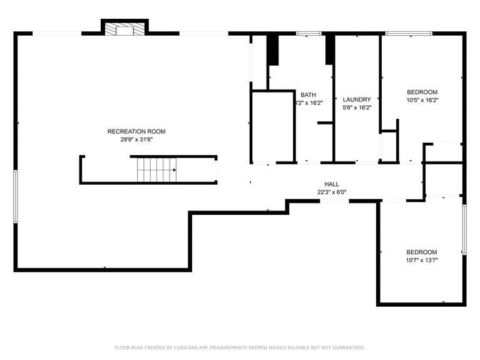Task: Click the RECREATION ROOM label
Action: [136, 131]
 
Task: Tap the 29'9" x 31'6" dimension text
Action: [136, 140]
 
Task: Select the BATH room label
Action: [308, 95]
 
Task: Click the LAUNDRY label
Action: [357, 100]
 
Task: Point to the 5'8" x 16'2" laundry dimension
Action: [357, 108]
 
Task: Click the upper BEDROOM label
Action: [422, 92]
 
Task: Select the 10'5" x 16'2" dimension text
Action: [422, 100]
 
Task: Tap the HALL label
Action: [332, 185]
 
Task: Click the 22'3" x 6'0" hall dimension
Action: [332, 193]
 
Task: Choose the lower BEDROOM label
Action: [421, 252]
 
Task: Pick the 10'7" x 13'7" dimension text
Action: [421, 260]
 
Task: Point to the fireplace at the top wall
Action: [125, 28]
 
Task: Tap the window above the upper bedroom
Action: [408, 33]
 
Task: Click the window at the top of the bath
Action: [308, 33]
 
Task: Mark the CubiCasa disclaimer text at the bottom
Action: [240, 347]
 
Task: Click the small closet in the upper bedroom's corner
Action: [389, 147]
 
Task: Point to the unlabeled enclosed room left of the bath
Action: [272, 126]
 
